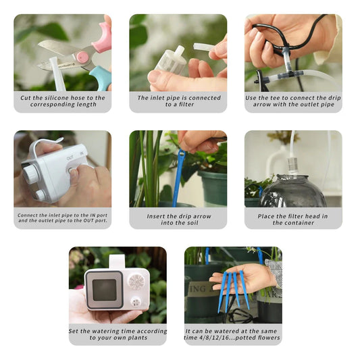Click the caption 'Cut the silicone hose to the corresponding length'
coord(62,101)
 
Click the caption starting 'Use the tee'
coord(293,101)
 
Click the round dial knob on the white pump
coord(30,173)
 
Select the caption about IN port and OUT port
coord(62,218)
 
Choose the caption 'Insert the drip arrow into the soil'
coord(178,218)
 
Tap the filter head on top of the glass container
coord(293,165)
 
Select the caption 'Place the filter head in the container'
coord(293,218)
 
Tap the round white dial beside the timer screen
coord(136,282)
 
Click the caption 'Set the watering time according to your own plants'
coord(118,334)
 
